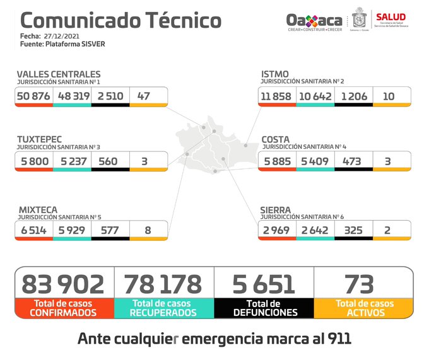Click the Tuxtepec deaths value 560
coord(108,161)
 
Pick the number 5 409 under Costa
coord(314,161)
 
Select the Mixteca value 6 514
coord(33,229)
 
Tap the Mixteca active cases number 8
coord(148,229)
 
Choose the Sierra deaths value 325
coord(353,229)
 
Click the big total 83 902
coord(63,284)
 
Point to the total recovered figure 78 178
coord(163,284)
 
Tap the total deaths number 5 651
coord(264,284)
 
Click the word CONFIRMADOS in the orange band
coord(63,312)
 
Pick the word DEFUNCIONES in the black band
coord(264,312)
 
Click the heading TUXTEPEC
coord(40,140)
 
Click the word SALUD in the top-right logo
coord(391,16)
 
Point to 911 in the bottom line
coord(338,339)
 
